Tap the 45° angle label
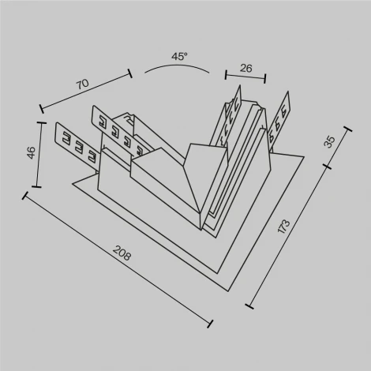(x=179, y=57)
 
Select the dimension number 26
(x=245, y=69)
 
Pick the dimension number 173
(x=285, y=228)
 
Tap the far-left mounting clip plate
(x=76, y=143)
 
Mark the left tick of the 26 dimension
(x=227, y=75)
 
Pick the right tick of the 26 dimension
(x=264, y=80)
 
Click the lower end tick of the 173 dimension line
(x=250, y=304)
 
